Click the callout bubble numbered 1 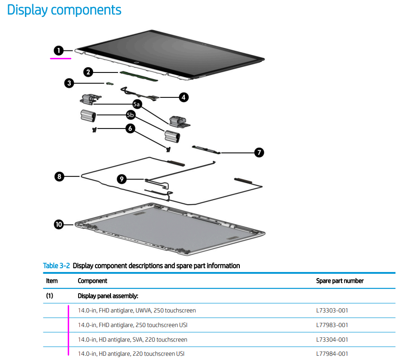click(x=58, y=50)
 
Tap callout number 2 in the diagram click(x=88, y=72)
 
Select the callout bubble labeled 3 click(x=69, y=83)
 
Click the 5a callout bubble click(x=137, y=104)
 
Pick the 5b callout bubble click(x=130, y=115)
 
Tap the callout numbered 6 click(x=130, y=128)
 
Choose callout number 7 click(x=259, y=152)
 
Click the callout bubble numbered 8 click(x=59, y=176)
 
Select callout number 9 click(x=122, y=179)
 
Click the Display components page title click(x=64, y=10)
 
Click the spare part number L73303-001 click(x=332, y=311)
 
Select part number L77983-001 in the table click(x=332, y=325)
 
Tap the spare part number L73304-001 click(x=332, y=340)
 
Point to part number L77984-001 click(x=332, y=354)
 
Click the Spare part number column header click(x=340, y=281)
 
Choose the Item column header click(x=52, y=281)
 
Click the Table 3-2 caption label click(x=56, y=266)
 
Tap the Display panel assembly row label click(x=108, y=296)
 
